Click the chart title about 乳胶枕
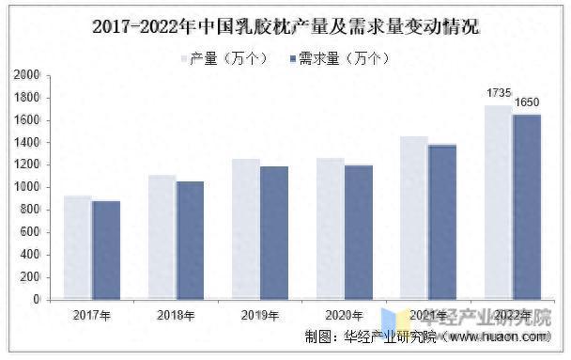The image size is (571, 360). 285,27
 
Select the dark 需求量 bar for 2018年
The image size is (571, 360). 190,240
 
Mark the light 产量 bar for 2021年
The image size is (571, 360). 413,217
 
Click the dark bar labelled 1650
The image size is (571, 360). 526,206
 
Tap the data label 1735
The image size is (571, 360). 498,93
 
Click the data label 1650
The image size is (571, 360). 527,102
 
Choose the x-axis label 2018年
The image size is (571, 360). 176,315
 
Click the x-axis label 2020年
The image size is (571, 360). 344,315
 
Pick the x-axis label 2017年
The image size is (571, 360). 92,315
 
